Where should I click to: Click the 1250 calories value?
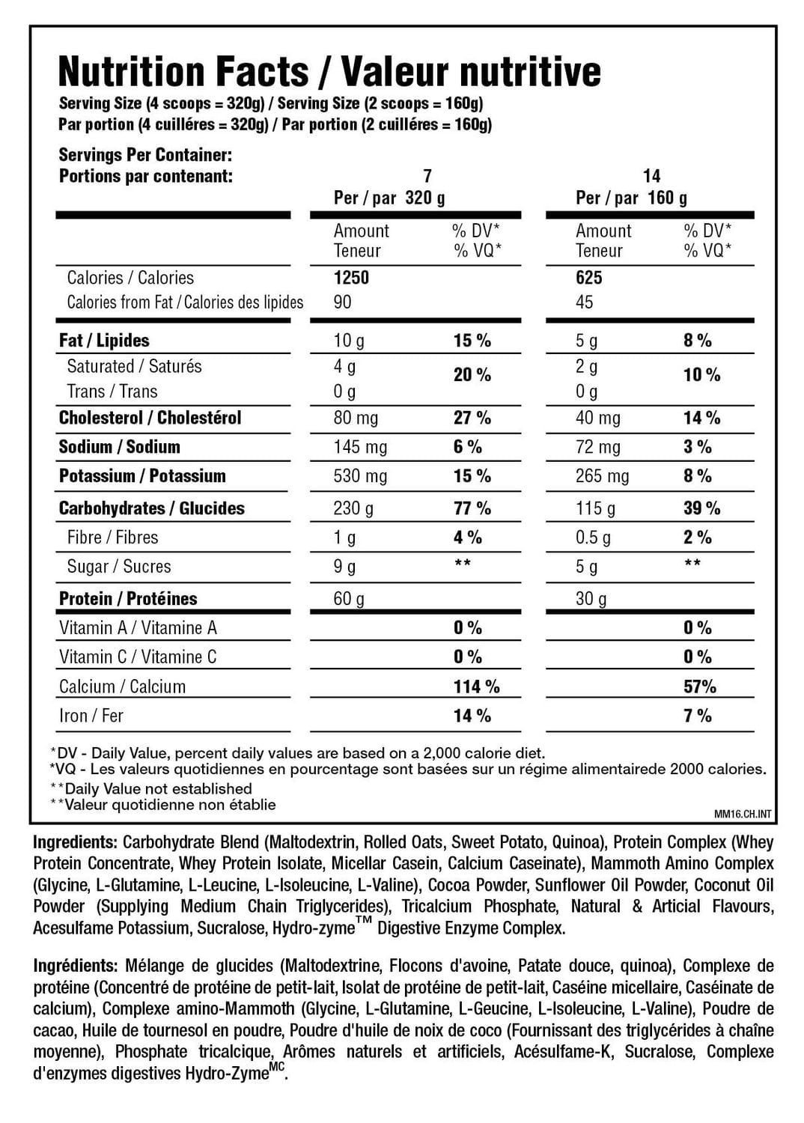(351, 278)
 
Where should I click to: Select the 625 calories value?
(589, 278)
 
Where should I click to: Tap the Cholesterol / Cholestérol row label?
(150, 418)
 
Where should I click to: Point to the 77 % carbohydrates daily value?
(472, 508)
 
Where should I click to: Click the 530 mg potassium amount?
(360, 476)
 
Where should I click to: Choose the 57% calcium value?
(700, 687)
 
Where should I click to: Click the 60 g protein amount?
(349, 599)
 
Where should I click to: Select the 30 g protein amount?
(591, 599)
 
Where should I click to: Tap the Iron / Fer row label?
(91, 716)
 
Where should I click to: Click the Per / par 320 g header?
(389, 198)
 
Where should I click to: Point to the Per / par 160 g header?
(631, 198)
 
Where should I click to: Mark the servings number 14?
(651, 176)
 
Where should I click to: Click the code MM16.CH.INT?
(743, 815)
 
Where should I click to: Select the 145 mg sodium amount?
(360, 447)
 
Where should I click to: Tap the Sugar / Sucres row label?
(119, 567)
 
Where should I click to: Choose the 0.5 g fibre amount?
(593, 538)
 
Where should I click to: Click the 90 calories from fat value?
(342, 302)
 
